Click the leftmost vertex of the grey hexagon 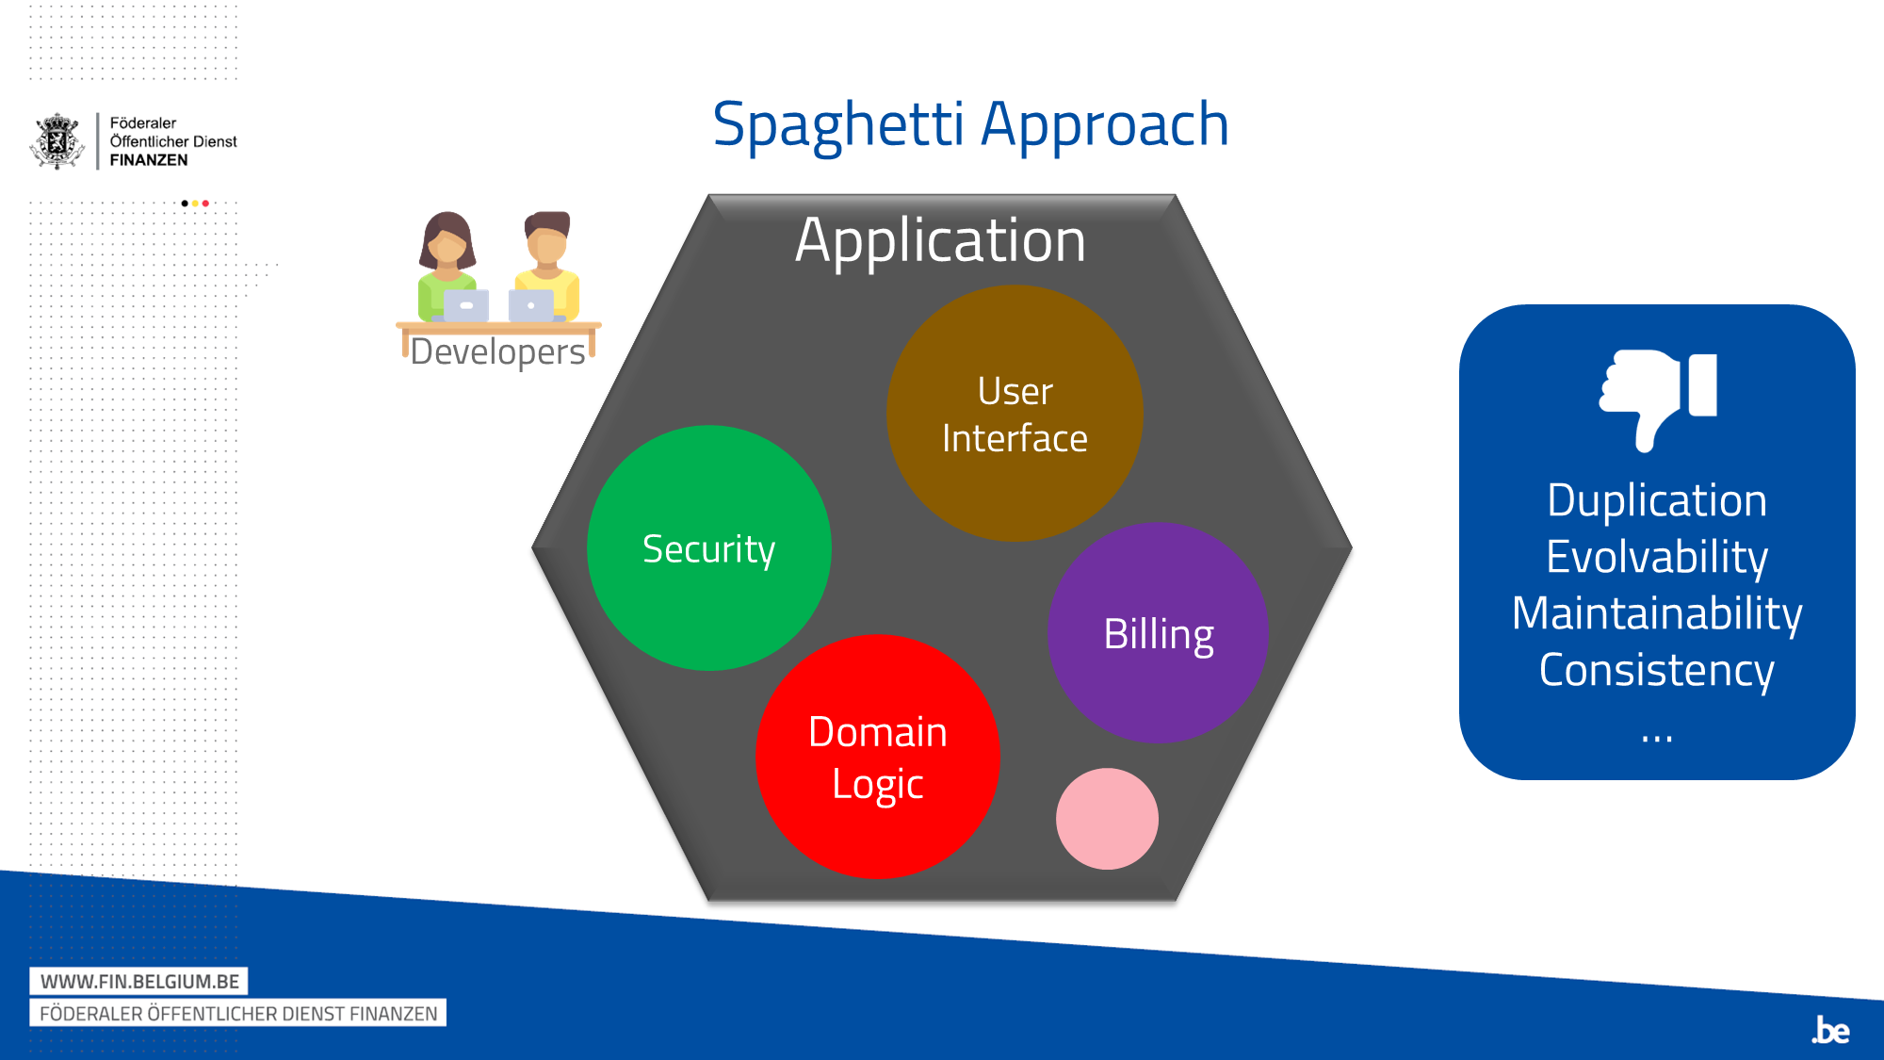(532, 547)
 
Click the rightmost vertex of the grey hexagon (1353, 547)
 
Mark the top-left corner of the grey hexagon (709, 195)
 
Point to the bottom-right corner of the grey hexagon (1176, 901)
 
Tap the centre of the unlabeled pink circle (1107, 819)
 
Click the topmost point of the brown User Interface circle (1015, 285)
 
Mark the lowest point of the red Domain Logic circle (878, 879)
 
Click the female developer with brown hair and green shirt (447, 267)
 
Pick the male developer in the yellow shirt (546, 267)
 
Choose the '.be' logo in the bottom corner (1831, 1030)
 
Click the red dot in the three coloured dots (205, 204)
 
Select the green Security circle (709, 548)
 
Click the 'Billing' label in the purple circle (1159, 635)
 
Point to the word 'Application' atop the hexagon (940, 241)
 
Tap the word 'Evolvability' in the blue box (1657, 557)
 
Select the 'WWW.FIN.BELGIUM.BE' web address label (139, 982)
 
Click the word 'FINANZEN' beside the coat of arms (149, 160)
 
